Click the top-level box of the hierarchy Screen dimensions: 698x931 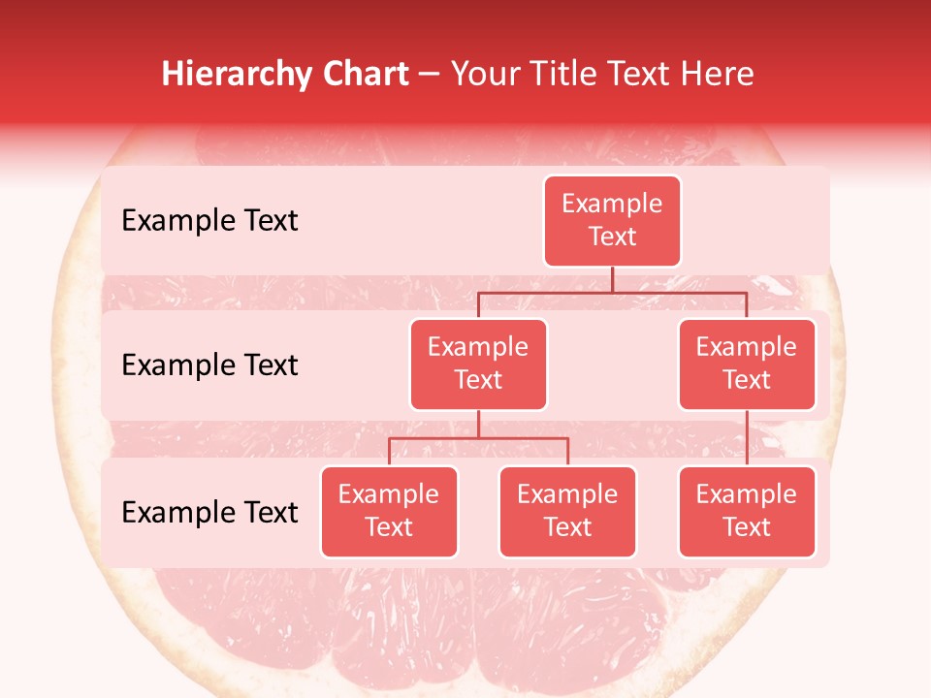pos(612,220)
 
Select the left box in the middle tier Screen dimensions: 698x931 pos(478,364)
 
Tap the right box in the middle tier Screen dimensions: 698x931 pos(747,364)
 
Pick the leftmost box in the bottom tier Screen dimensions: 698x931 pos(389,511)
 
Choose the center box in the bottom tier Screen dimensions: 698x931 pos(567,511)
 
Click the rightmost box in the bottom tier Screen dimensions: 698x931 pos(747,511)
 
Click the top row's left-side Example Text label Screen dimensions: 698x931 pos(209,221)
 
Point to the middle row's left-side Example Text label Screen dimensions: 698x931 pos(209,365)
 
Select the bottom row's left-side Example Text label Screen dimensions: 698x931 pos(209,512)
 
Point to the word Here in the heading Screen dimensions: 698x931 pos(718,74)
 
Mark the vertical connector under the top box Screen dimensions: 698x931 pos(612,279)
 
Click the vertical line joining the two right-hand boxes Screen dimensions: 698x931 pos(747,438)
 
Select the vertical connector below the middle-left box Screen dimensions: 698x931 pos(478,424)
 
